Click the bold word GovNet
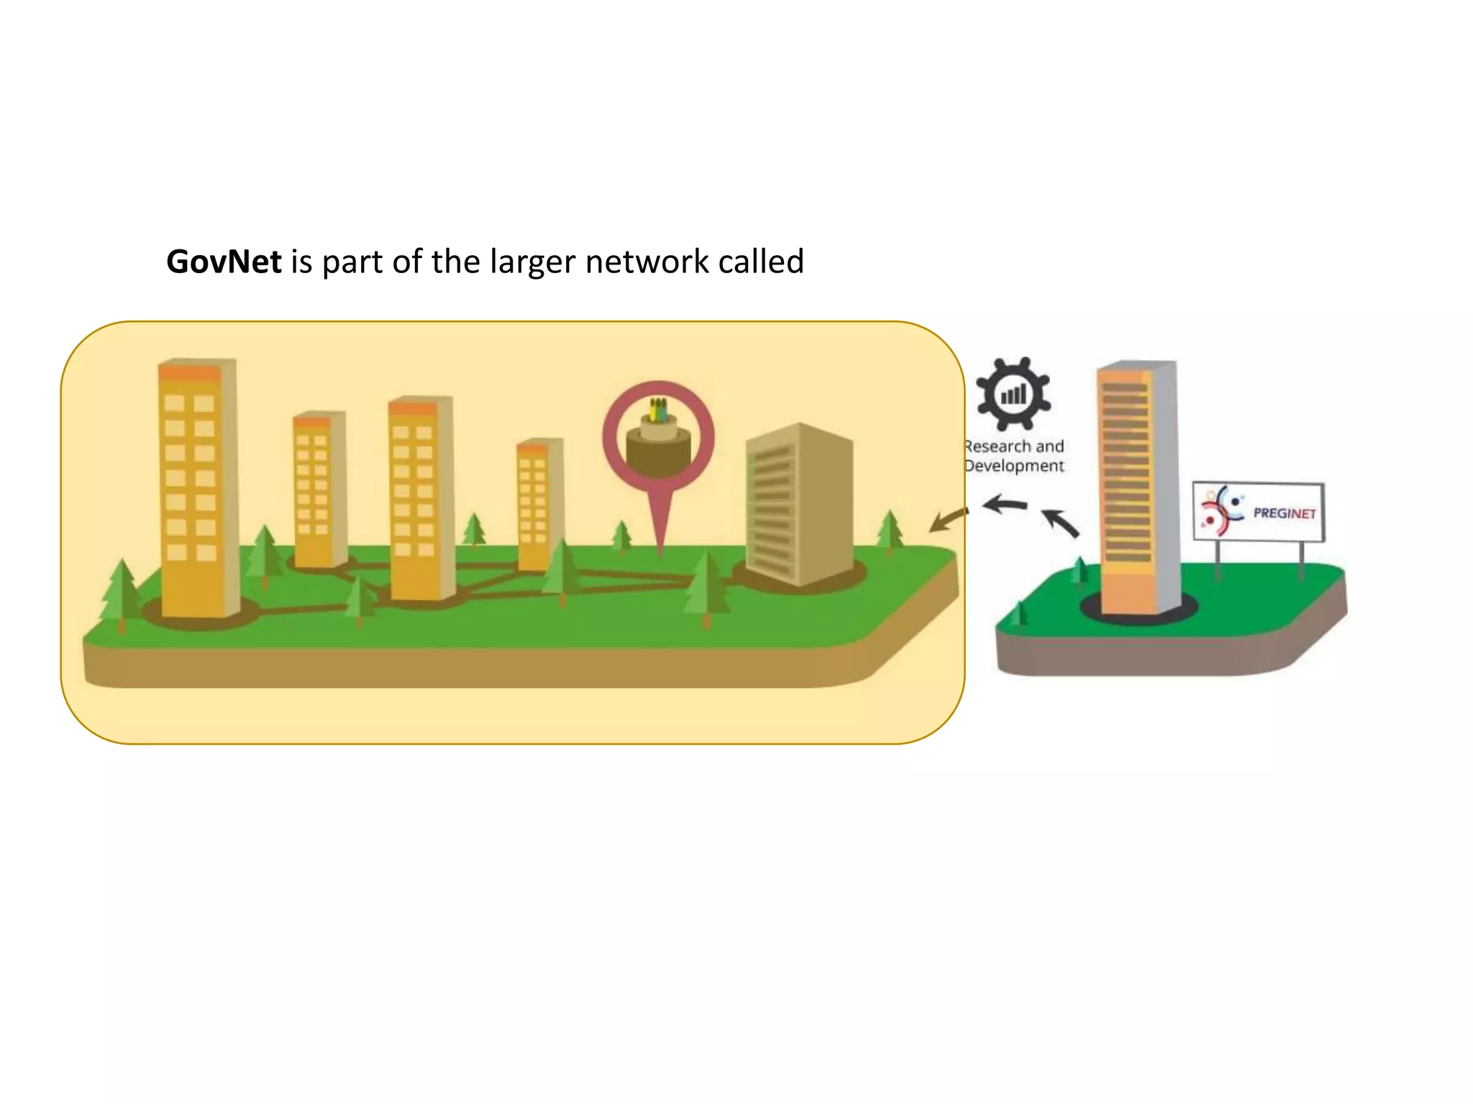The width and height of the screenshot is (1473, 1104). [224, 262]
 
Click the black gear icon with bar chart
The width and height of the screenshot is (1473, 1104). [1013, 394]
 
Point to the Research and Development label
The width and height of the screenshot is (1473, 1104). [1014, 456]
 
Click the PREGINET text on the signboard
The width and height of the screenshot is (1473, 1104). [1285, 513]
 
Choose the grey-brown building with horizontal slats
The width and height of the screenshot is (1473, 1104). [798, 503]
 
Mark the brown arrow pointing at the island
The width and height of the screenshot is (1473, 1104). [948, 520]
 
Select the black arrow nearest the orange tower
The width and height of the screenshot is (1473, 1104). [1061, 523]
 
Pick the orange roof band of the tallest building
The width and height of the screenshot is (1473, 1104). [190, 374]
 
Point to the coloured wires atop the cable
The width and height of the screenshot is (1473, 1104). [658, 410]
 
